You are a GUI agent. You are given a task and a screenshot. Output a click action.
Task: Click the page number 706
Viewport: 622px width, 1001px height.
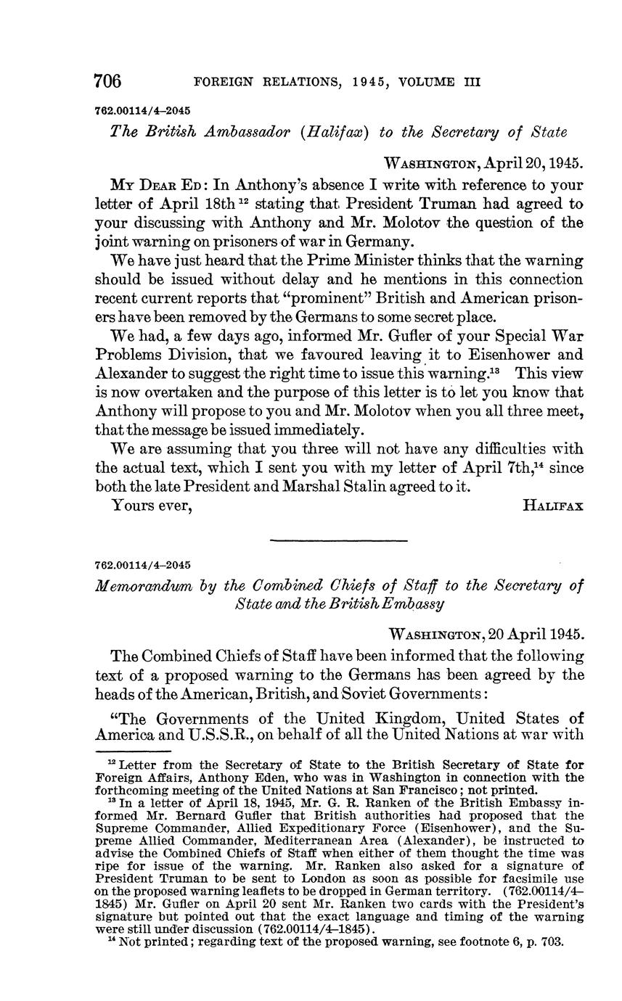pyautogui.click(x=108, y=81)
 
